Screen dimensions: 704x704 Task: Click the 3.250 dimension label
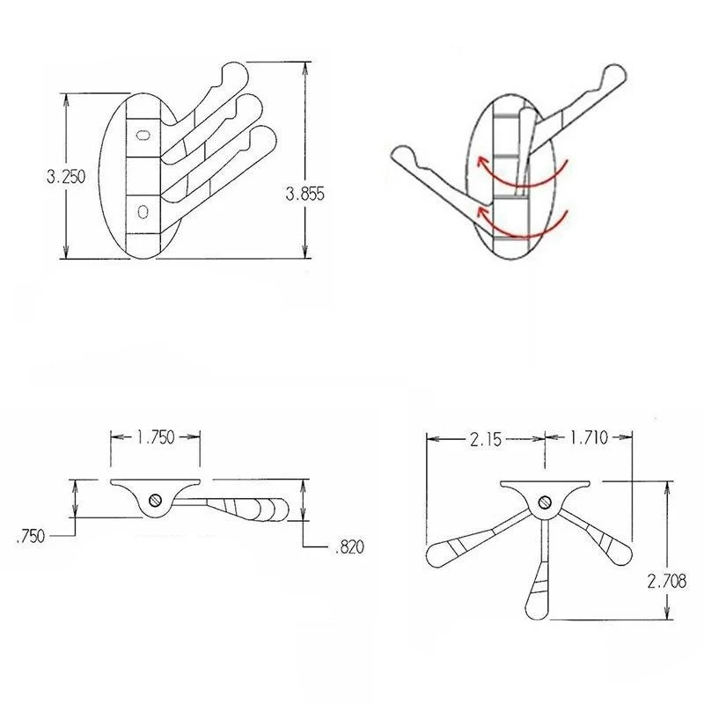coord(65,177)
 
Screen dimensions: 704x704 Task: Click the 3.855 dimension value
coord(304,194)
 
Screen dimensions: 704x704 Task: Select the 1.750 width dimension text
coord(156,436)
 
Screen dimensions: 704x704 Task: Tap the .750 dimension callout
coord(30,536)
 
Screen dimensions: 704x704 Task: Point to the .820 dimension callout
coord(349,546)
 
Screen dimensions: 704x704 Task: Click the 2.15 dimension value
coord(486,439)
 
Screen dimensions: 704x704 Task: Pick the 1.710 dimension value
coord(589,436)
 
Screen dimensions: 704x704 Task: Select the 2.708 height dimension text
coord(667,581)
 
